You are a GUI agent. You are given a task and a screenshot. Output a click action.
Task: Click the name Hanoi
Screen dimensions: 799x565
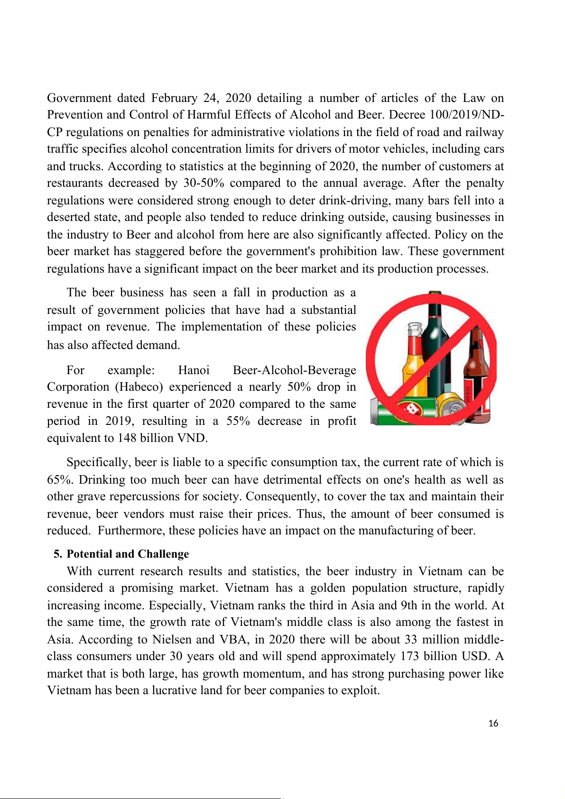click(x=194, y=370)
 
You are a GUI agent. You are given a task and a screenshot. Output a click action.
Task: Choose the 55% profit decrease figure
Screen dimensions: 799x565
click(x=238, y=421)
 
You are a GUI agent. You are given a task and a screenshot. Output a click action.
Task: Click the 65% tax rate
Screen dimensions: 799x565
click(x=58, y=480)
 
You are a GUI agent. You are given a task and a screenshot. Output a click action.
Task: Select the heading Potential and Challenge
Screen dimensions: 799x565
click(x=128, y=554)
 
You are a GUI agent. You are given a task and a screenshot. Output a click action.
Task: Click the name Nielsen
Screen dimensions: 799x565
click(x=171, y=640)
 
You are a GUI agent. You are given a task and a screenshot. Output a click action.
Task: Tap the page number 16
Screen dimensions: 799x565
click(x=493, y=723)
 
